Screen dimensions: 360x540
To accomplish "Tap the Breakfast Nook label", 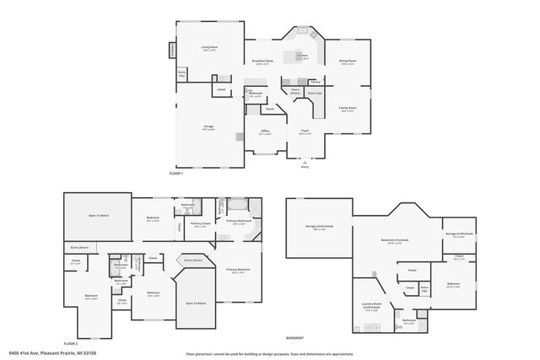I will pyautogui.click(x=262, y=62).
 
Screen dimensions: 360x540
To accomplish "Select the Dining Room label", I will pyautogui.click(x=348, y=62).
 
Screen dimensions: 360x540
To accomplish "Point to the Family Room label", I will pyautogui.click(x=348, y=109).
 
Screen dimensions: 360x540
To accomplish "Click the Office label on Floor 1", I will pyautogui.click(x=264, y=132).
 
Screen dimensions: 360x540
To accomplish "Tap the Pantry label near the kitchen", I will pyautogui.click(x=315, y=83).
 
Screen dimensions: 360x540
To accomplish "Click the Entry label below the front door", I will pyautogui.click(x=305, y=167).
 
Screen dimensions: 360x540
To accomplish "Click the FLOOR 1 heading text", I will pyautogui.click(x=176, y=172).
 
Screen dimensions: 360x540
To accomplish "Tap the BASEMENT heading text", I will pyautogui.click(x=294, y=337).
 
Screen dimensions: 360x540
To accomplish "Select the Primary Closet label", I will pyautogui.click(x=201, y=225).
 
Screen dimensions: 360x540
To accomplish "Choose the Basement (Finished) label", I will pyautogui.click(x=394, y=241).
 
